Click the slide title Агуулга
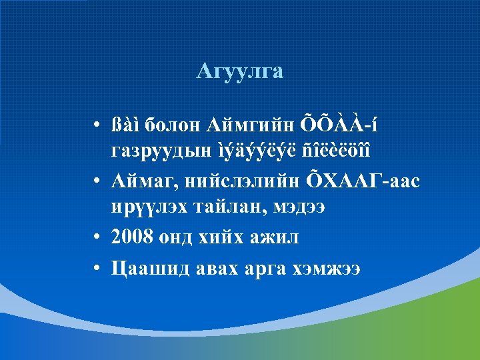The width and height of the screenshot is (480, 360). [x=240, y=71]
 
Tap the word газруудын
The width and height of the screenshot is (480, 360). [x=149, y=149]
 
